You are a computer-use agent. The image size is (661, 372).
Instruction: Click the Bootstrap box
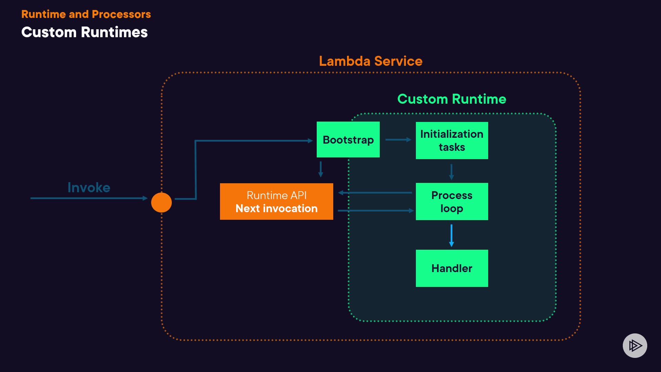click(348, 139)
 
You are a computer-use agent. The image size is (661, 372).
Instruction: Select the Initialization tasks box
click(452, 141)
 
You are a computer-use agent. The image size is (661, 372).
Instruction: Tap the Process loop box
click(452, 201)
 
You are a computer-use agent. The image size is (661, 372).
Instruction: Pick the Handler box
click(452, 268)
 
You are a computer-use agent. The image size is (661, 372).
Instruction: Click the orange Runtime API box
click(276, 201)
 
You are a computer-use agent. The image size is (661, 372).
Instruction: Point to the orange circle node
click(161, 203)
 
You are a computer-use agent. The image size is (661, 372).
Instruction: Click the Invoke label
click(89, 188)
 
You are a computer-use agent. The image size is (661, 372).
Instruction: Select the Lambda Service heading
click(370, 61)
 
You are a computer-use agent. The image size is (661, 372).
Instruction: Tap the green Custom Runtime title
click(452, 99)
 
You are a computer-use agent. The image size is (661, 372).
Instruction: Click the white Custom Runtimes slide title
click(84, 32)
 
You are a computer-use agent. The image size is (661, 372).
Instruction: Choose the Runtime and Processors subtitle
click(86, 14)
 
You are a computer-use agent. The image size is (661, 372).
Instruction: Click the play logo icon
click(635, 345)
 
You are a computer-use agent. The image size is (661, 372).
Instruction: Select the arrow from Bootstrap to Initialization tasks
click(398, 139)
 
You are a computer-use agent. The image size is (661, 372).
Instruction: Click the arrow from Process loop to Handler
click(451, 236)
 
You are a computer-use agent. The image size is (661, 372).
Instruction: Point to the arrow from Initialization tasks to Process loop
click(451, 172)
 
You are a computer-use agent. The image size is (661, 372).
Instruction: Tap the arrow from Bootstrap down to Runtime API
click(321, 169)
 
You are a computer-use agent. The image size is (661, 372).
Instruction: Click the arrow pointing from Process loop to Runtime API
click(375, 193)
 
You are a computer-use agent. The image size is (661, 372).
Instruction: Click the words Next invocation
click(276, 208)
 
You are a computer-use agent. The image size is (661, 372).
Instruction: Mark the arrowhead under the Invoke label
click(145, 198)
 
